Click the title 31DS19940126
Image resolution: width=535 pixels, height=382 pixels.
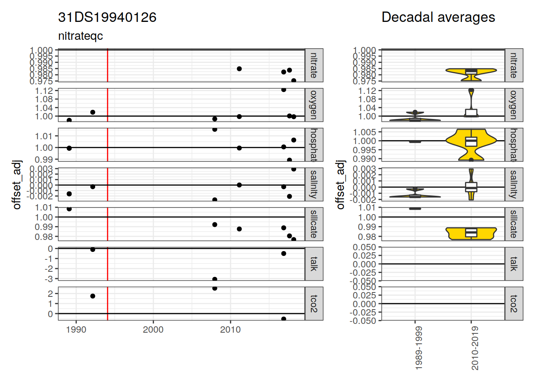tap(107, 18)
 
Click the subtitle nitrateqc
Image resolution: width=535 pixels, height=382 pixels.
tap(80, 36)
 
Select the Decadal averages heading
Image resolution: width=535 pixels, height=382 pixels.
tap(438, 18)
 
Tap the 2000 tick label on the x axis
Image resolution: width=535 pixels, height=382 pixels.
tap(153, 329)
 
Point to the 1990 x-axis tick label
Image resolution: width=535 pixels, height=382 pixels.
tap(76, 329)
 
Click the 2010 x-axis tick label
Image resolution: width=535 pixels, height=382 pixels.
tap(230, 329)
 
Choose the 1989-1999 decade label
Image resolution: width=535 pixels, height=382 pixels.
tap(418, 349)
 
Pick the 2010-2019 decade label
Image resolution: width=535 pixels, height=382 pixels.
tap(475, 349)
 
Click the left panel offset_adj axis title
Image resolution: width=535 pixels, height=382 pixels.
tap(17, 185)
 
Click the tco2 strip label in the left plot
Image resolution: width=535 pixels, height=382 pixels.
tap(314, 304)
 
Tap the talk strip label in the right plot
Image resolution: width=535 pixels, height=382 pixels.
tap(514, 264)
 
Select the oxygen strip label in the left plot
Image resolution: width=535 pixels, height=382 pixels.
tap(314, 105)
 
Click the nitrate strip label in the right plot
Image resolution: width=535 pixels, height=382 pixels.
tap(514, 65)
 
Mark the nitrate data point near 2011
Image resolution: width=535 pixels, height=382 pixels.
tap(239, 69)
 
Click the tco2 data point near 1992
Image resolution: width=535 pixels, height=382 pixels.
tap(93, 296)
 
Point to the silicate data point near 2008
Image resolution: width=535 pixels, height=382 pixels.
tap(215, 225)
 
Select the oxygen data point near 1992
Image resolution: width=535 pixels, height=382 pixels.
tap(93, 112)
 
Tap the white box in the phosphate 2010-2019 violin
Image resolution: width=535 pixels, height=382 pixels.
tap(471, 141)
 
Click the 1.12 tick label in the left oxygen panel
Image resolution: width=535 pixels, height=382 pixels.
tap(44, 91)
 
